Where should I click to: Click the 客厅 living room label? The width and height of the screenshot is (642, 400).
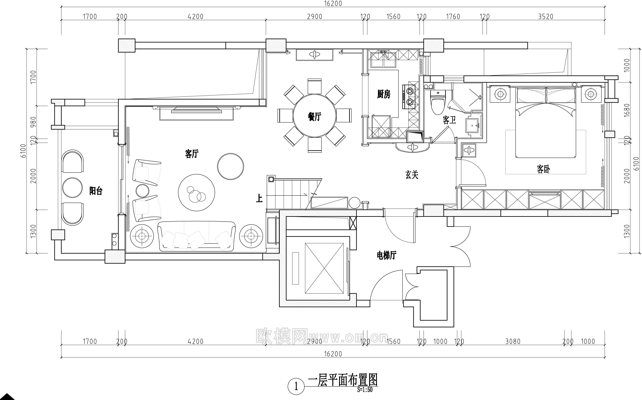(x=192, y=154)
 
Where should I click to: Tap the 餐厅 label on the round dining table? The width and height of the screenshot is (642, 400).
(x=315, y=116)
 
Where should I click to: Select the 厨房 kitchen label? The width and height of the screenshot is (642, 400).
(x=384, y=94)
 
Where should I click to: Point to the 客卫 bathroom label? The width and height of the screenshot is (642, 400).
(x=449, y=120)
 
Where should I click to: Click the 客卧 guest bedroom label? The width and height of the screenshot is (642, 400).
(x=543, y=169)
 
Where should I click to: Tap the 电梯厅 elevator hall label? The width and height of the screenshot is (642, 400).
(x=386, y=255)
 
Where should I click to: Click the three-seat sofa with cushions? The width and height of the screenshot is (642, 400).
(x=196, y=236)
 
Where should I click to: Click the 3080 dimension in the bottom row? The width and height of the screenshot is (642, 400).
(x=513, y=341)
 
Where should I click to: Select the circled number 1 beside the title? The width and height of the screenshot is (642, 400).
(x=296, y=387)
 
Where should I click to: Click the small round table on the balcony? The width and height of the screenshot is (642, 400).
(x=72, y=188)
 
